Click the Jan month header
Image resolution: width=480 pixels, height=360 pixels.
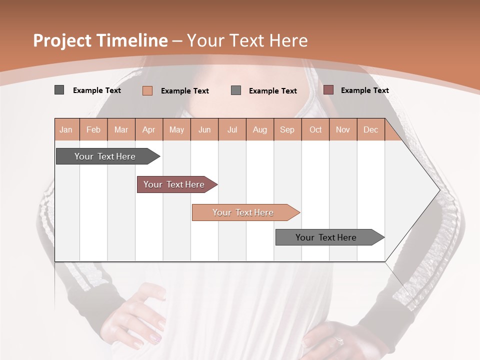coord(66,129)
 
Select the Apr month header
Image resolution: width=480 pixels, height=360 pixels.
coord(148,129)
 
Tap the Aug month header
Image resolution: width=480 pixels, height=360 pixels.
coord(259,129)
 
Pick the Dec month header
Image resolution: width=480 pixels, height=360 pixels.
coord(370,129)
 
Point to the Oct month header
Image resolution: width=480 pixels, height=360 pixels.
coord(315,129)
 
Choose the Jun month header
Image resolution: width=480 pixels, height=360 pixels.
coord(204,129)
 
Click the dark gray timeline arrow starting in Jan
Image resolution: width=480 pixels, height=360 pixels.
coord(105,156)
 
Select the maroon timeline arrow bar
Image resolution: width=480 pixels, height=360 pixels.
coord(174,184)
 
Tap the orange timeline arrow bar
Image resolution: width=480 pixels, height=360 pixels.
coord(243,212)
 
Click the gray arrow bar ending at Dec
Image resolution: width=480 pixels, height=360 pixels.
coord(326,237)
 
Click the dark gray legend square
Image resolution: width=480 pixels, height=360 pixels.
coord(59,90)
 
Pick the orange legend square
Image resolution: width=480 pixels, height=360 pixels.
coord(147,90)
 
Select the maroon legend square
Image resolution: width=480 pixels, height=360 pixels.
coord(328,90)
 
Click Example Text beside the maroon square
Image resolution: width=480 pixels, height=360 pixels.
coord(364,90)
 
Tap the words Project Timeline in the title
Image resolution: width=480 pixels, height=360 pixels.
coord(100,40)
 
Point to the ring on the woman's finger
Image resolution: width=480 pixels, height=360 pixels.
coord(339,340)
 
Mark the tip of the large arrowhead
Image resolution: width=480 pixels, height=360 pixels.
coord(439,190)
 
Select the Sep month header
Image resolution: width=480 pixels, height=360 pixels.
coord(287,129)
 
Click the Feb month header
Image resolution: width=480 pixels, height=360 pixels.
coord(93,129)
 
